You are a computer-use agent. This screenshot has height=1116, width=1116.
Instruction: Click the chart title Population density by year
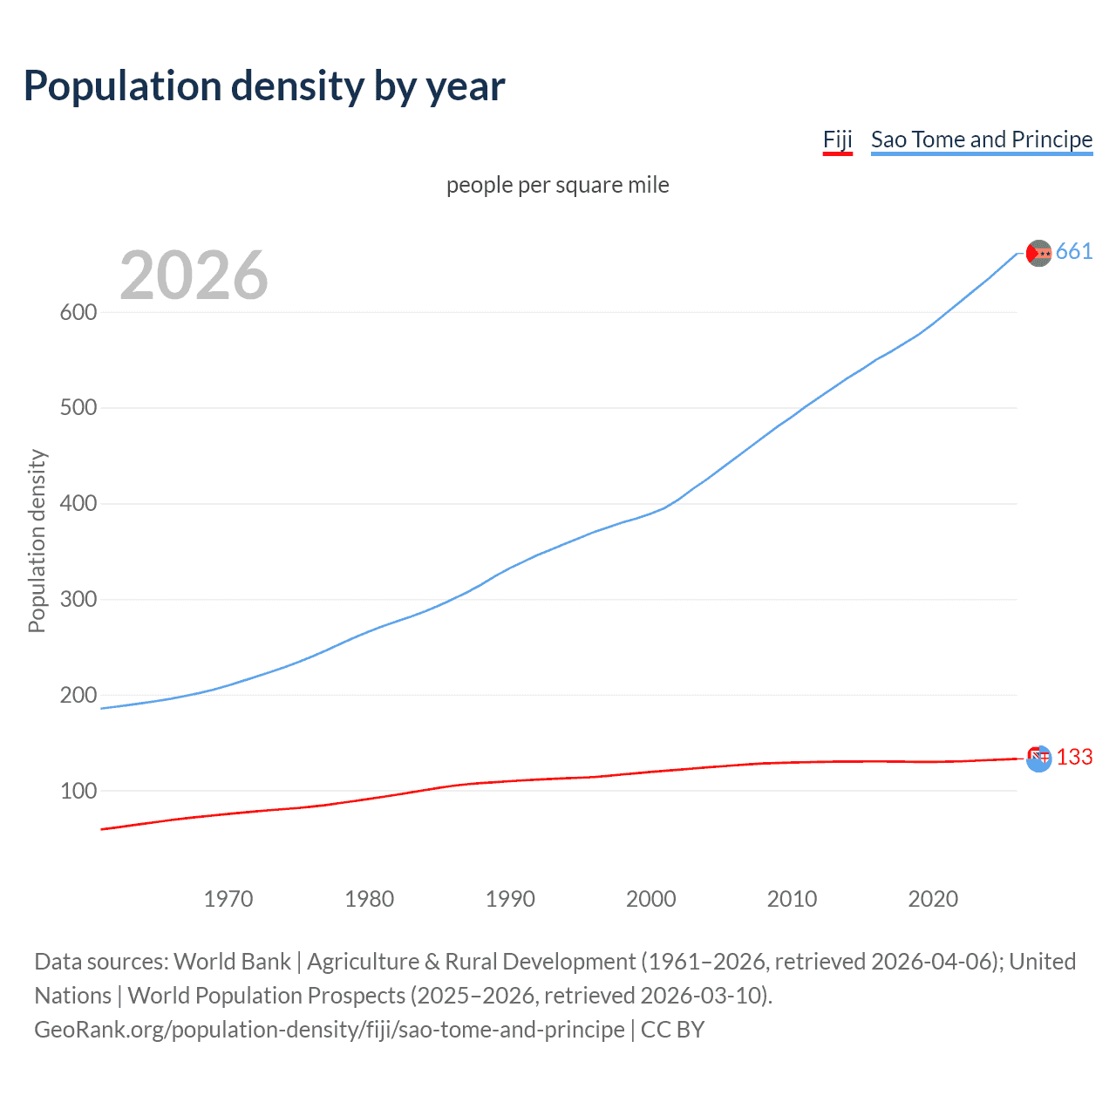pos(264,86)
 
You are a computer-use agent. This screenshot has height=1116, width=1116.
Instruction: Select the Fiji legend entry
pos(837,139)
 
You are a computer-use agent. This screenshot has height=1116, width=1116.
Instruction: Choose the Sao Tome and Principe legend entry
pos(981,139)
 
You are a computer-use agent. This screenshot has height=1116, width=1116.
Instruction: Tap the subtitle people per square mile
pos(557,185)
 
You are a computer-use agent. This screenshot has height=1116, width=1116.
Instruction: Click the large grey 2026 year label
pos(194,276)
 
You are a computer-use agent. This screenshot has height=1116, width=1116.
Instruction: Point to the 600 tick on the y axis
pos(78,312)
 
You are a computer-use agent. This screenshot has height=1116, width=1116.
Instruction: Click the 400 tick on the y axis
pos(78,504)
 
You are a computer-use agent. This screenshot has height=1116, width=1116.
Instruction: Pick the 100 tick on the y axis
pos(78,791)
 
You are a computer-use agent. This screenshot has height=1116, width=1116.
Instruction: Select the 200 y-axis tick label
pos(78,695)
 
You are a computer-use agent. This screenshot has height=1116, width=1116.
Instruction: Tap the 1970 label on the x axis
pos(228,899)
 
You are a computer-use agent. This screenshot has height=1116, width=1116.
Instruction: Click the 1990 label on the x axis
pos(510,899)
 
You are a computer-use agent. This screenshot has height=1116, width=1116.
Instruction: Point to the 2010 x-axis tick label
pos(792,899)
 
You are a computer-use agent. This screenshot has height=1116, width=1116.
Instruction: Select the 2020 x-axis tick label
pos(933,899)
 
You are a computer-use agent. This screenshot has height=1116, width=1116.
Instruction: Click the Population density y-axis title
pos(37,541)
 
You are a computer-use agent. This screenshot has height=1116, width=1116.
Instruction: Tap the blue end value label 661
pos(1073,252)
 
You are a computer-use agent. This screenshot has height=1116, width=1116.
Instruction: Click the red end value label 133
pos(1074,757)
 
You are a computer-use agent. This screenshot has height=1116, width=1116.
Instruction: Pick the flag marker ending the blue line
pos(1038,253)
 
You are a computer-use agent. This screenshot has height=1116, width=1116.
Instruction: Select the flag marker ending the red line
pos(1038,758)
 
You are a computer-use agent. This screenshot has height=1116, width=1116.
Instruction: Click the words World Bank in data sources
pos(232,962)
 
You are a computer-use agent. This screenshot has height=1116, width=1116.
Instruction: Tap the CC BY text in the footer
pos(672,1030)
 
